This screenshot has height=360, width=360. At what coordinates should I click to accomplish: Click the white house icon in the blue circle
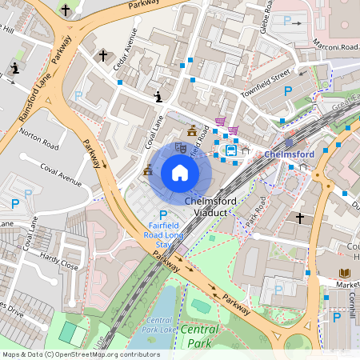point(180,172)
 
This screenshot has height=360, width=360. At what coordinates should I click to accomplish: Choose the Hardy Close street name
point(60,261)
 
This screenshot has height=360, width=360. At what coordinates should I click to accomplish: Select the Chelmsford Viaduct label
point(210,208)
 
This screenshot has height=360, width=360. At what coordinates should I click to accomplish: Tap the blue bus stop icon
point(230,150)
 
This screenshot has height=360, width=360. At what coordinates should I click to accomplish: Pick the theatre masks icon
point(181,147)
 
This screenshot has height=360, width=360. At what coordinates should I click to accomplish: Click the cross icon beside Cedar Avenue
point(103,57)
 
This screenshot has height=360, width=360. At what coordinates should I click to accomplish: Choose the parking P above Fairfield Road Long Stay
point(163,215)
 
